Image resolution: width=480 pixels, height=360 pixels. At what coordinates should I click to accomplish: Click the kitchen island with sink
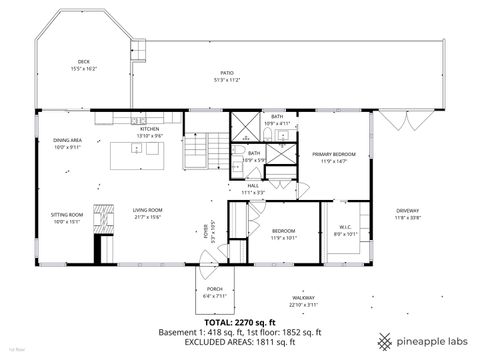click(139, 150)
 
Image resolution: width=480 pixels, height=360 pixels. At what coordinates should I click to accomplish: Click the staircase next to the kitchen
click(197, 152)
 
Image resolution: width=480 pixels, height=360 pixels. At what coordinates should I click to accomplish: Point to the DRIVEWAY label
click(406, 211)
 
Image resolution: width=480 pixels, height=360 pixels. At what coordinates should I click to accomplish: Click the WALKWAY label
click(304, 298)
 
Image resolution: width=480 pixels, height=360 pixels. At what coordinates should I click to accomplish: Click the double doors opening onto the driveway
click(397, 121)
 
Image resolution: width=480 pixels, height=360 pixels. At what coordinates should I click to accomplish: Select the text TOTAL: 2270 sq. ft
click(240, 322)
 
